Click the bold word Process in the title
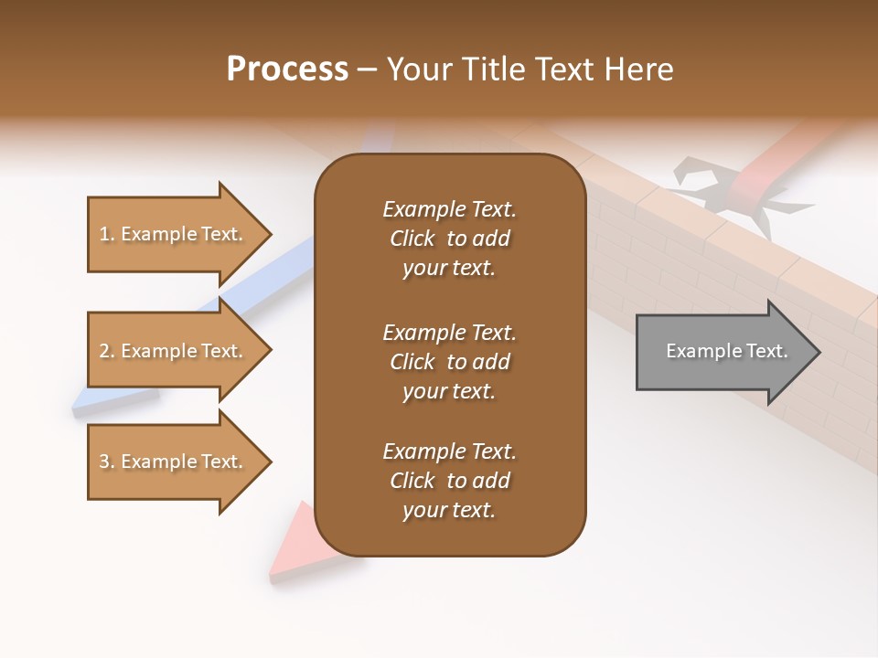pos(287,69)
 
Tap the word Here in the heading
pos(640,69)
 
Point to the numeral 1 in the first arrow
pos(103,234)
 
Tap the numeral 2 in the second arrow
pos(104,351)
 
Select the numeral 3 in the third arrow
pos(104,462)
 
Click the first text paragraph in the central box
pos(449,239)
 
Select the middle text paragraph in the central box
pos(449,362)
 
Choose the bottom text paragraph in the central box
pos(449,481)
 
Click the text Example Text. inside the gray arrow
pos(727,351)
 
